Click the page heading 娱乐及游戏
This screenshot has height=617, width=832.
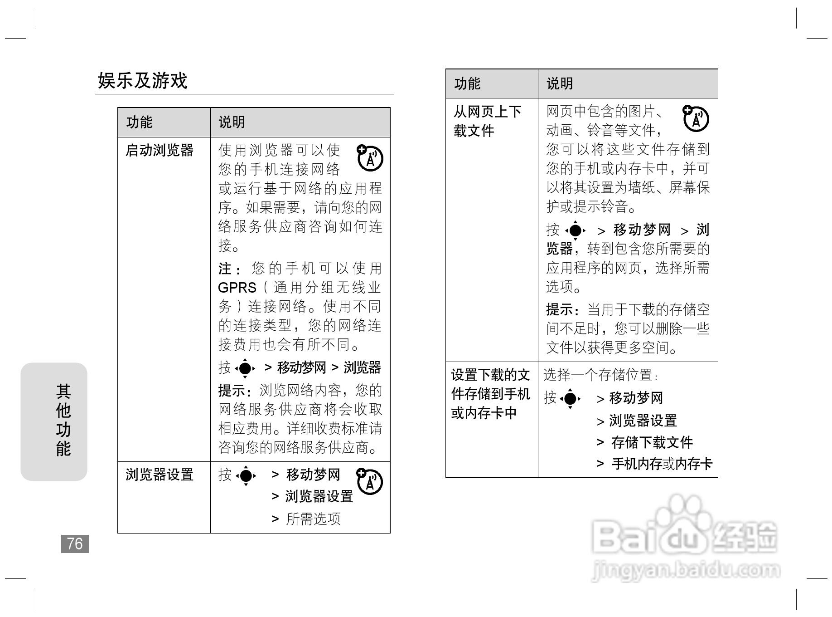143,81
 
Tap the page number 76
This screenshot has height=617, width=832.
75,544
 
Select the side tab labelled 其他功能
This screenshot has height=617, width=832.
63,420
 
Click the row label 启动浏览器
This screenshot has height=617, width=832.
160,150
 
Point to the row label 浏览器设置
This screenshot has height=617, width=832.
160,475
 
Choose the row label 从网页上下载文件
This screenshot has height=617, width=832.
487,121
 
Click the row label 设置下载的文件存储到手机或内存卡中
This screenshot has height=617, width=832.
490,394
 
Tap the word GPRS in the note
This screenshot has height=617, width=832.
237,288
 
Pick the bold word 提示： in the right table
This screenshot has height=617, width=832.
565,309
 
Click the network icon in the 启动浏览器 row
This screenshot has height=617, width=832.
370,158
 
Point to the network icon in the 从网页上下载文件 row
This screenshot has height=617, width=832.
696,118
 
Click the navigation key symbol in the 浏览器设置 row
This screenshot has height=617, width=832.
246,475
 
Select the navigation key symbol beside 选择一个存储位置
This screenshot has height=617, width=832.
570,398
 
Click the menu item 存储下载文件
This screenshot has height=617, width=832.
652,442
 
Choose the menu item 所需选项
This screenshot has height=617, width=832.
313,519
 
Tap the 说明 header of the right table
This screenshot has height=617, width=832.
560,83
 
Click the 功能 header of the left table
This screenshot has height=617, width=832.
140,122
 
